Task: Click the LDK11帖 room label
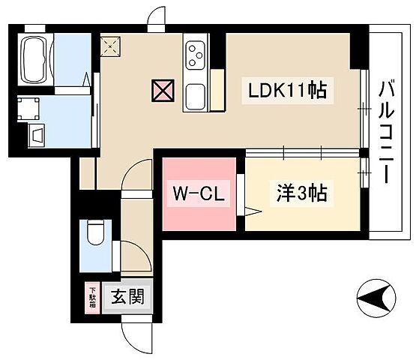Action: (x=286, y=91)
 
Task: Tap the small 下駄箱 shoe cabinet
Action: (x=94, y=298)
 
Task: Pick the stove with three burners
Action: (x=196, y=54)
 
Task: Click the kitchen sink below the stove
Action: (x=196, y=94)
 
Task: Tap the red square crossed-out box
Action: (x=162, y=91)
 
